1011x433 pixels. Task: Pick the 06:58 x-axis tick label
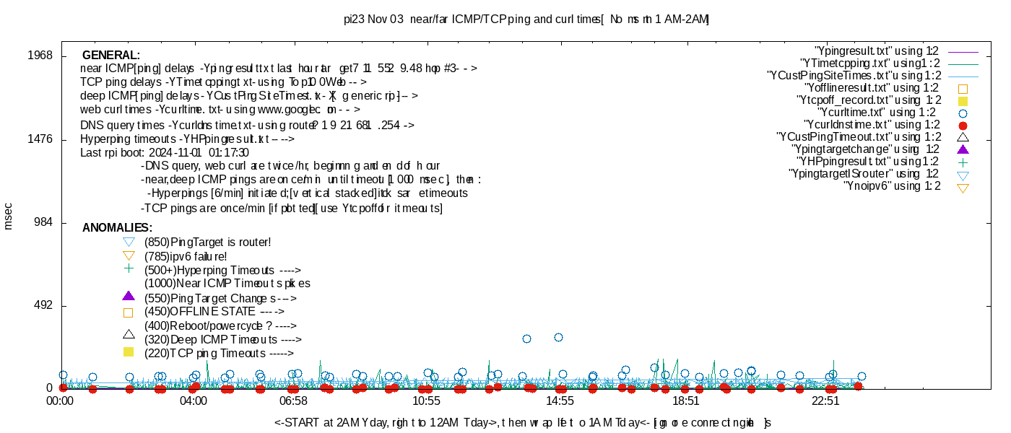(293, 401)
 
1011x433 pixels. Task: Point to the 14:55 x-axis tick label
(560, 401)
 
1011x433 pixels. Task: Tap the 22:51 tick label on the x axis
(825, 401)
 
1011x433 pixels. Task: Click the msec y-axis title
(9, 216)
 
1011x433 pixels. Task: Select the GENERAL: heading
(111, 56)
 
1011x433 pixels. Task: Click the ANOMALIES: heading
(117, 228)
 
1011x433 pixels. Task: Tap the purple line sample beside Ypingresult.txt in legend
(962, 52)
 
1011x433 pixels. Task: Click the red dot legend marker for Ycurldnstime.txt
(962, 126)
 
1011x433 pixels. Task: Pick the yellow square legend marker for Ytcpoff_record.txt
(962, 101)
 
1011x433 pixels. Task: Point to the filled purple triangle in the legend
(962, 149)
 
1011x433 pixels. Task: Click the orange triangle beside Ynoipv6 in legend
(962, 188)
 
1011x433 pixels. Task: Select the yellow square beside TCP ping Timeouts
(129, 352)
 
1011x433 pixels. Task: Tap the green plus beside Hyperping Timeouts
(129, 268)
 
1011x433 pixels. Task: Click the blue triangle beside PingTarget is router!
(129, 242)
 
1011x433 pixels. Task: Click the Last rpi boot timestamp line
(165, 153)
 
